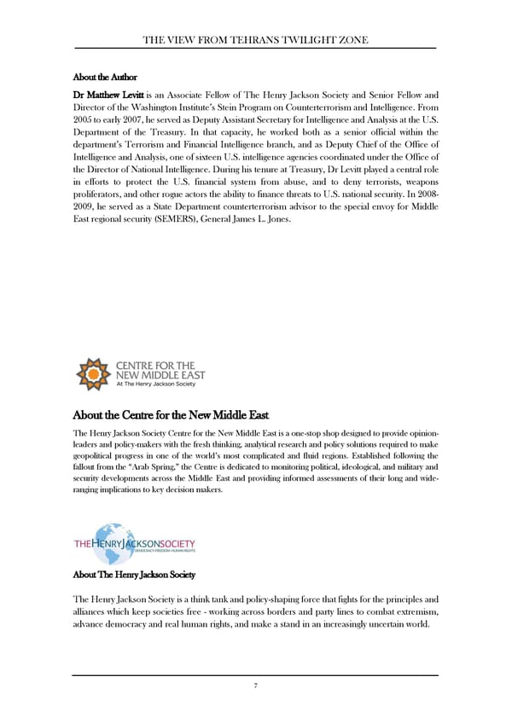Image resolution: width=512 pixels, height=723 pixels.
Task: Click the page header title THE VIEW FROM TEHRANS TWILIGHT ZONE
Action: pos(255,39)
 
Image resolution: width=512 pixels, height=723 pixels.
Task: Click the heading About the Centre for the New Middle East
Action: pos(172,415)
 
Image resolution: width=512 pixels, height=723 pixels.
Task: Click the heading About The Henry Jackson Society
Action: pos(134,575)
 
